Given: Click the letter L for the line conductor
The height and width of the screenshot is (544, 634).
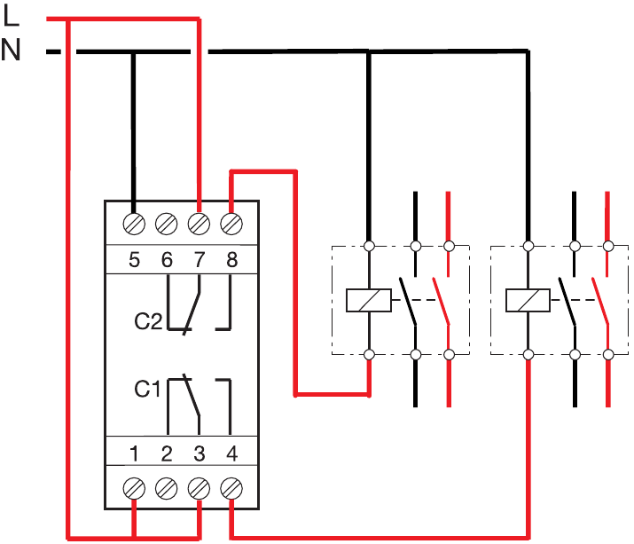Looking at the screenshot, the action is coord(11,17).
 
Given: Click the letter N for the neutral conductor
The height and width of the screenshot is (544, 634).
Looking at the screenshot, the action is coord(11,50).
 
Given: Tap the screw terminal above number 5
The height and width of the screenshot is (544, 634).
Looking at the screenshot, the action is coord(134,224).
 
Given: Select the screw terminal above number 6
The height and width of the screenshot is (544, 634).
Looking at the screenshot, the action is coord(166,224).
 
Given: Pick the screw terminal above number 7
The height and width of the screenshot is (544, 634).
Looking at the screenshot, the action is coord(199,224).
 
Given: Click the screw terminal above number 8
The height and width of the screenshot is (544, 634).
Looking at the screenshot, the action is coord(231,224).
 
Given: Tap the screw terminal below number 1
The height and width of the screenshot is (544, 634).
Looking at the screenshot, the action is coord(134,489).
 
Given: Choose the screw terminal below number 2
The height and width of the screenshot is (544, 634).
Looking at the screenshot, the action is coord(166,489).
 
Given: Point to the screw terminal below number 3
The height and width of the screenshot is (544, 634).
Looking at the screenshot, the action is coord(199,489).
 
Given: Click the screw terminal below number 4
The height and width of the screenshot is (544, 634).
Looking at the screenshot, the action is coord(231,489).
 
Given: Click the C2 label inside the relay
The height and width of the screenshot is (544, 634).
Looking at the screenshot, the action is coord(148,321).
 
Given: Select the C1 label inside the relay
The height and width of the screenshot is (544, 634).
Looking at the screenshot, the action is coord(147,389).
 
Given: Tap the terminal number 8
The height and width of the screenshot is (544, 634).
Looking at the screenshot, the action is coord(231,259).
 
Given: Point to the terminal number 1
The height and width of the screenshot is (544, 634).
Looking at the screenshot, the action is coord(135,453).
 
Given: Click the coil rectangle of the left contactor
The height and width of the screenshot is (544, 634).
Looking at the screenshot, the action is coord(369,300).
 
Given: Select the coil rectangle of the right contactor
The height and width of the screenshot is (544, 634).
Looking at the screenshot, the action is coord(528,300).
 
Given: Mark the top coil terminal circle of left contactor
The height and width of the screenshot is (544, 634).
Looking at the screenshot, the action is coord(369,246).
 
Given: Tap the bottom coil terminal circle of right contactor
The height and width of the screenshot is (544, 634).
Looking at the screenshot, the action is coord(528,355).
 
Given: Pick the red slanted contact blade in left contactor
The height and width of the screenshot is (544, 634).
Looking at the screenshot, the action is coord(441,301).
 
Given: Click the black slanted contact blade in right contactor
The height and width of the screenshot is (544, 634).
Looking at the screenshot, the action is coord(567,301).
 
